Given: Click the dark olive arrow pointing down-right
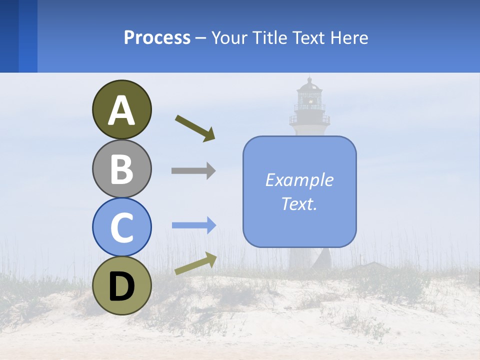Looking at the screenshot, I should pyautogui.click(x=195, y=128).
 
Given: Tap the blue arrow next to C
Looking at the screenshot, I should pyautogui.click(x=193, y=225).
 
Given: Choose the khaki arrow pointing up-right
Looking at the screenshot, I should pyautogui.click(x=195, y=263).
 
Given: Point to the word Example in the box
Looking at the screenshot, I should pyautogui.click(x=299, y=180).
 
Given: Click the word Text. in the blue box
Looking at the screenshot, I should pyautogui.click(x=299, y=204).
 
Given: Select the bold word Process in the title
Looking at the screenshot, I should pyautogui.click(x=157, y=37).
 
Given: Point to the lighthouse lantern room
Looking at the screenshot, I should pyautogui.click(x=309, y=96).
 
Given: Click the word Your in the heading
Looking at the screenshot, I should pyautogui.click(x=229, y=37).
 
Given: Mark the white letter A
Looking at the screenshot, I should pyautogui.click(x=122, y=111).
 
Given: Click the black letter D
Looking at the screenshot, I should pyautogui.click(x=122, y=286).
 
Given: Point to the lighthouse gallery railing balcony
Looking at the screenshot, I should pyautogui.click(x=309, y=119).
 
